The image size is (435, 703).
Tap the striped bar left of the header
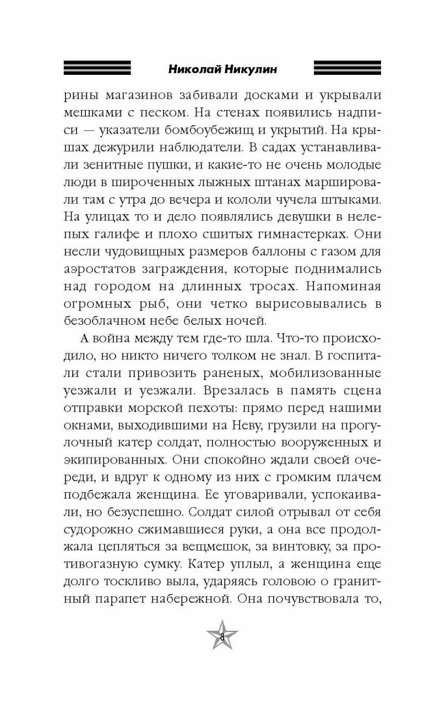[98, 67]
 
